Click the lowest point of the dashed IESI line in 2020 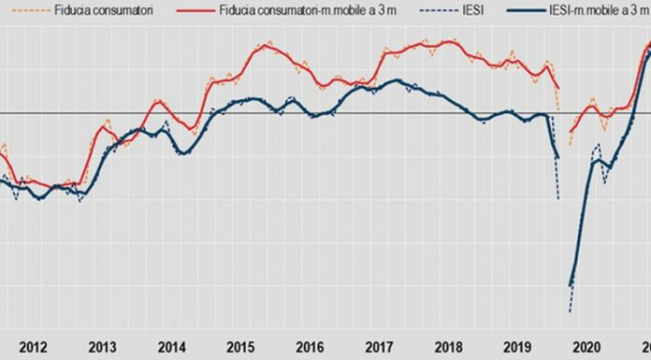(x=569, y=311)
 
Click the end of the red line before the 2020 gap (x=558, y=89)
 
